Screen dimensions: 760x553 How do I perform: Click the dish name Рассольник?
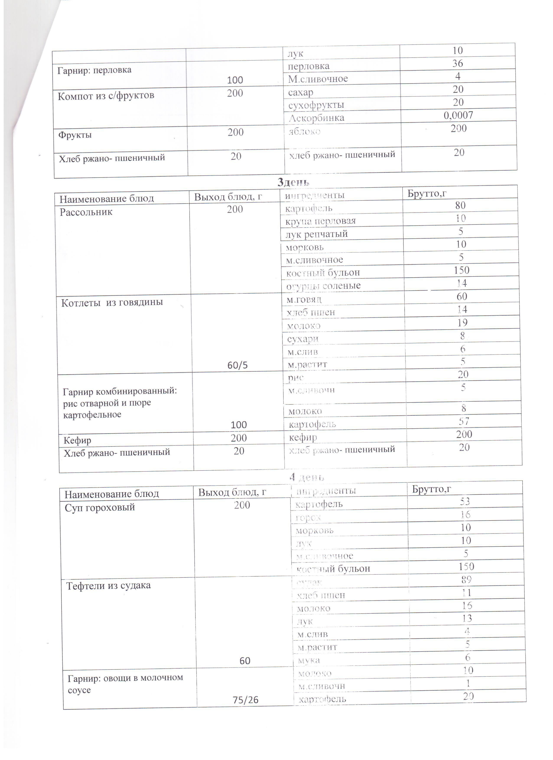click(86, 212)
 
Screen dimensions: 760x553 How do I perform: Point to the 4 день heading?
click(307, 477)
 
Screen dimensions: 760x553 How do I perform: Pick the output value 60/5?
click(237, 365)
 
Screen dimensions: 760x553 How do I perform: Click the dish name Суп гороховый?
click(100, 507)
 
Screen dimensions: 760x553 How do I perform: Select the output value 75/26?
click(246, 700)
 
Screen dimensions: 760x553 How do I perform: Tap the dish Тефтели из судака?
click(108, 585)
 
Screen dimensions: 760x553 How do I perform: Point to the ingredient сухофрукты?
click(316, 105)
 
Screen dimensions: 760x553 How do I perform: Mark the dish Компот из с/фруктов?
click(106, 96)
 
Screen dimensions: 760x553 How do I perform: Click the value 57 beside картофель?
click(464, 421)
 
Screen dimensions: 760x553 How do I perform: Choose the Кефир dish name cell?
click(77, 440)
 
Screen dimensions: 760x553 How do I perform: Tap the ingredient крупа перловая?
click(320, 221)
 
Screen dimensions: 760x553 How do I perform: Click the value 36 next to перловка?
click(457, 63)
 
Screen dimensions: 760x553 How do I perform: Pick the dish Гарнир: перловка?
click(94, 70)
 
